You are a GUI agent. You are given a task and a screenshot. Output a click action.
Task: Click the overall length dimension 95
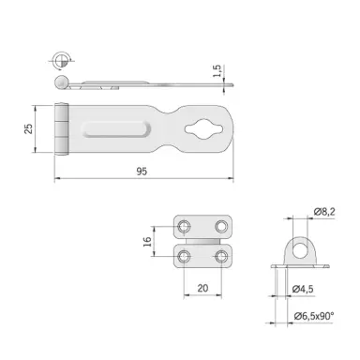coord(142,170)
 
